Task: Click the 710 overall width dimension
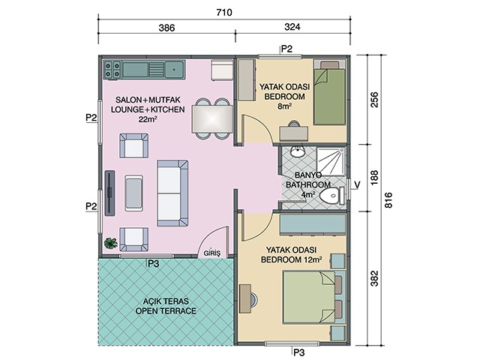(224, 13)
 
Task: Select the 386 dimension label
(166, 28)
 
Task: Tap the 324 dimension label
(292, 27)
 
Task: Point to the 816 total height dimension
(388, 200)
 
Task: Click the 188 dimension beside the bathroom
(374, 178)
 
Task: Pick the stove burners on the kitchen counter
(112, 70)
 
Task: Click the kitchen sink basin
(174, 70)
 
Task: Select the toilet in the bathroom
(331, 196)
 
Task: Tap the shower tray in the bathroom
(331, 161)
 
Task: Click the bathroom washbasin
(297, 151)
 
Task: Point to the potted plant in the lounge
(110, 243)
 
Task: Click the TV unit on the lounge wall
(110, 193)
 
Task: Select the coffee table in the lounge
(133, 193)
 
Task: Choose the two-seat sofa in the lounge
(172, 193)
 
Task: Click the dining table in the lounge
(212, 118)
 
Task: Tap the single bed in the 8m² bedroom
(330, 93)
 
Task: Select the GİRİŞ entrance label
(211, 253)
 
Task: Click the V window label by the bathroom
(357, 184)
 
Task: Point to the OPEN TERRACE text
(166, 311)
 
